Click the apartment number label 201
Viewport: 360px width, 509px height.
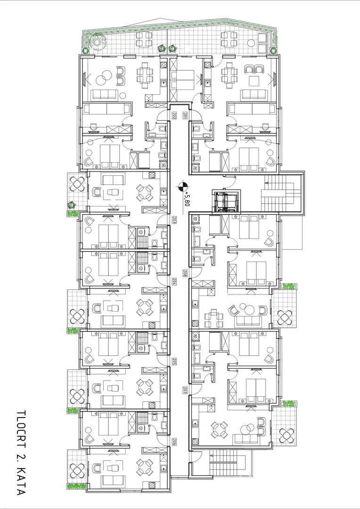(185, 115)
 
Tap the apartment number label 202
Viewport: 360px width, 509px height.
(173, 115)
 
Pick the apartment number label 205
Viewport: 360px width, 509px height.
(173, 361)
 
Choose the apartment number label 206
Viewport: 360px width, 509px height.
(173, 442)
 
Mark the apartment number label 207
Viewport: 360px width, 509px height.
(185, 390)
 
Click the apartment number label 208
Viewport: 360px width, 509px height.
(185, 273)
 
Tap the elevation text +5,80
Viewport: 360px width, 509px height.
(188, 197)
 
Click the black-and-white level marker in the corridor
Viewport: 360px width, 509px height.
(182, 187)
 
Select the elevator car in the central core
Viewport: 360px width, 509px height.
(225, 202)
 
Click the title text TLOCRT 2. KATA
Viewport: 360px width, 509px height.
(21, 453)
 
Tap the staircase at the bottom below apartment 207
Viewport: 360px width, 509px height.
(223, 463)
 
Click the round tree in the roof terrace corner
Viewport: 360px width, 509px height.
(98, 41)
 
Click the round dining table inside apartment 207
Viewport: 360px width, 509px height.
(219, 429)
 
